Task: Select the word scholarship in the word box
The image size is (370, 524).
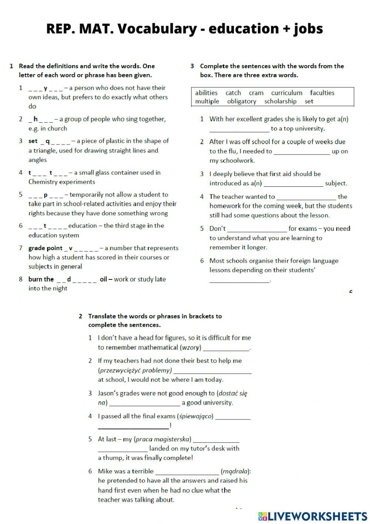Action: [x=280, y=102]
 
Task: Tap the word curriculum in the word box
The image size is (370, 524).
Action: [x=286, y=93]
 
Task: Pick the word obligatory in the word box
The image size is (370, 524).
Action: [x=241, y=102]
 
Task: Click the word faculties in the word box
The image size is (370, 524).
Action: [x=322, y=93]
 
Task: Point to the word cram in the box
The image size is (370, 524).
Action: [x=256, y=93]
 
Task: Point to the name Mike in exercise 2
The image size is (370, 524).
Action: [x=105, y=471]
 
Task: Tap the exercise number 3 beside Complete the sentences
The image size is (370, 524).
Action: [x=192, y=66]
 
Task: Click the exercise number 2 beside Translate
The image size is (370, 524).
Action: [x=81, y=316]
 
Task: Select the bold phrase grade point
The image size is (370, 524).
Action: [x=46, y=248]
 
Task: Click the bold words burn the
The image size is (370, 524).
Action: [x=41, y=279]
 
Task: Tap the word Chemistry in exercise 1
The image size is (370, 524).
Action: [x=43, y=182]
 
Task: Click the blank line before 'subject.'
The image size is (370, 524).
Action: [x=293, y=183]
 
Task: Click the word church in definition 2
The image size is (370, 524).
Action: [x=58, y=129]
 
